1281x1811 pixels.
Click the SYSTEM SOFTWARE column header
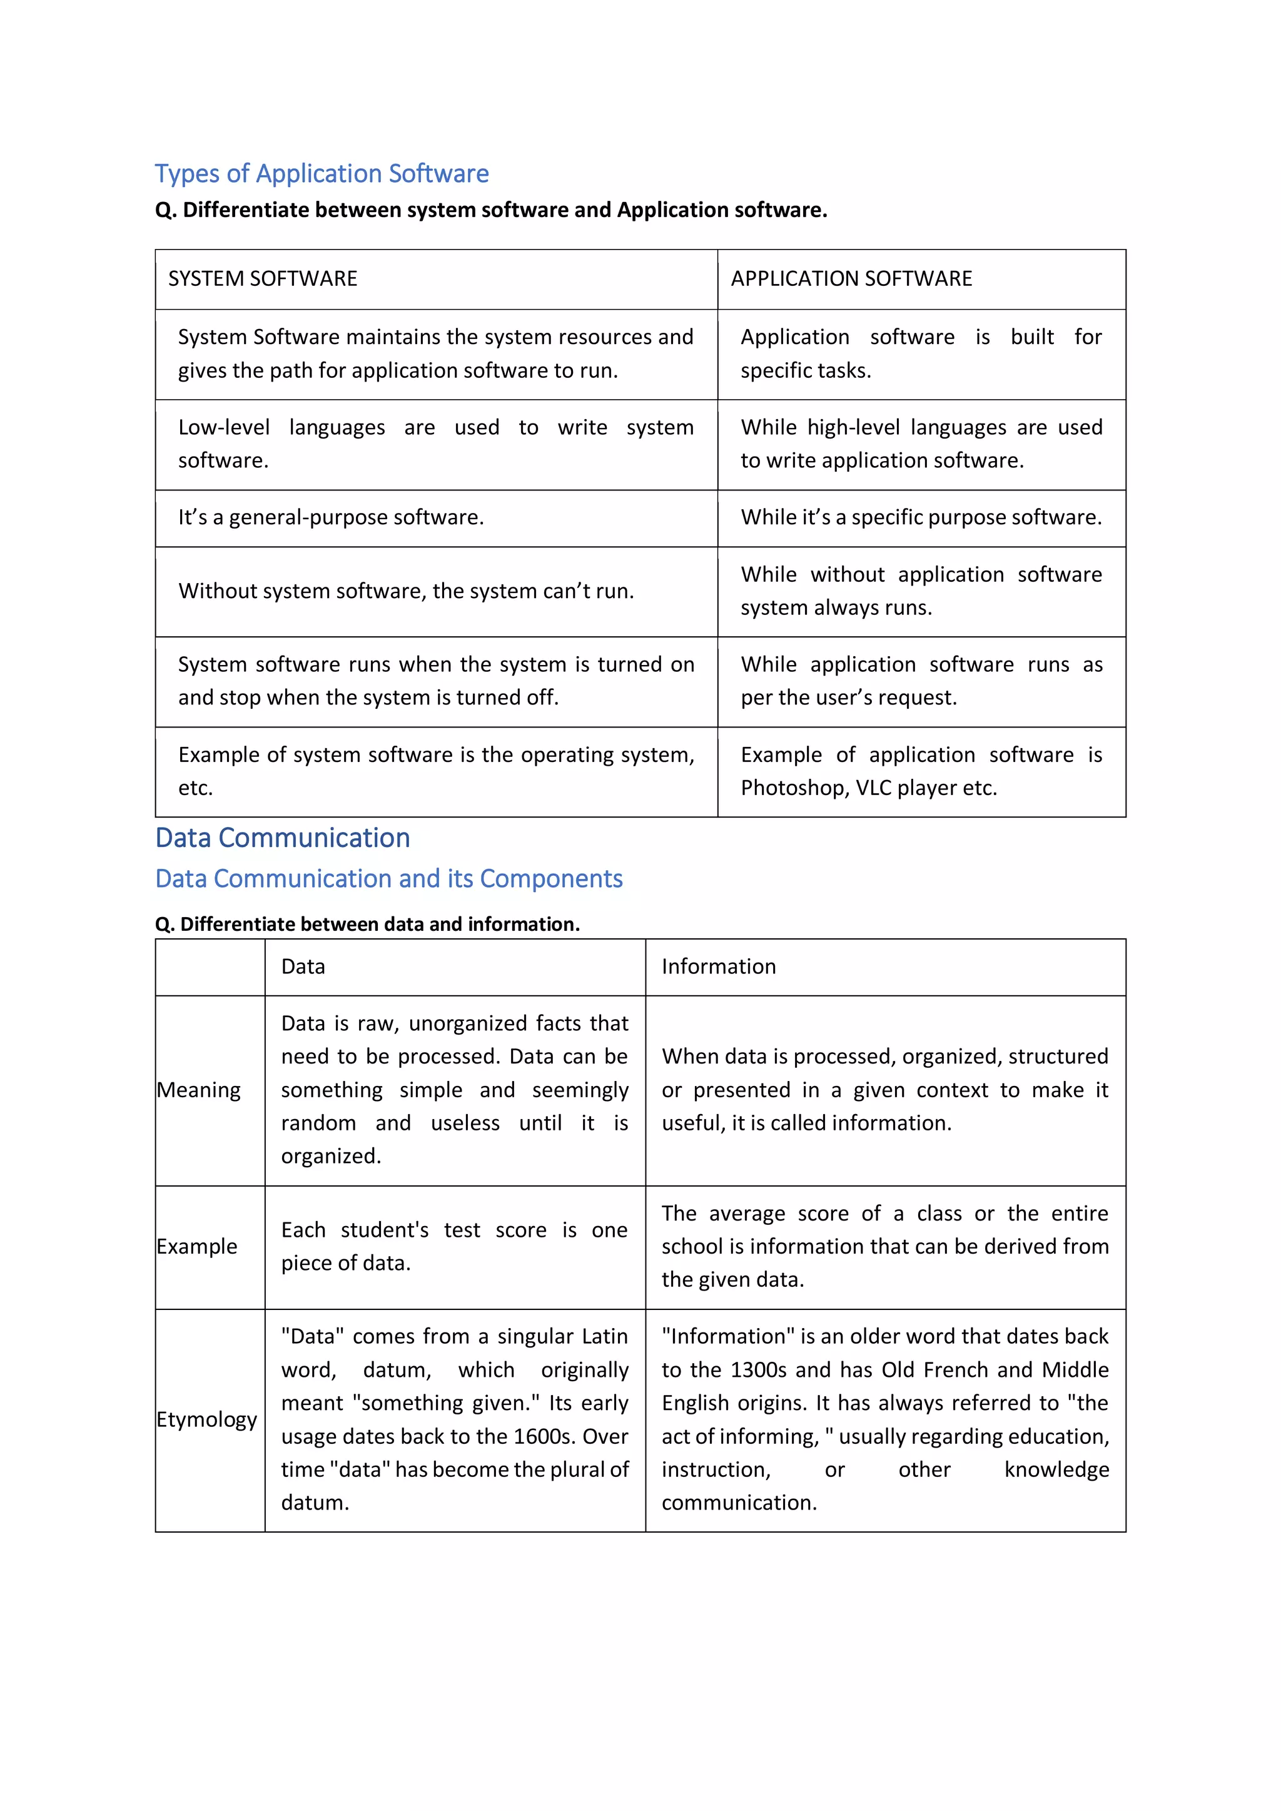262,278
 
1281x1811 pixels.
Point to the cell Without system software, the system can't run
405,591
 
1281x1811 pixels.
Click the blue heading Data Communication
282,838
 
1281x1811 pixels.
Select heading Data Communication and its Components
389,879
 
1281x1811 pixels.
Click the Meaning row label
199,1090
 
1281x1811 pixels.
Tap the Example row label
197,1246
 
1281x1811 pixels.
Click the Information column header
718,967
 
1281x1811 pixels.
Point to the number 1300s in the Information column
758,1370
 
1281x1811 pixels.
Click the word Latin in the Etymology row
604,1337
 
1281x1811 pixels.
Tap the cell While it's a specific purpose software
921,517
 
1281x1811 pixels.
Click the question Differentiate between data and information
368,924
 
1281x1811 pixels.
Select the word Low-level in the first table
223,427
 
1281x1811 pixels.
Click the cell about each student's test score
453,1246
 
